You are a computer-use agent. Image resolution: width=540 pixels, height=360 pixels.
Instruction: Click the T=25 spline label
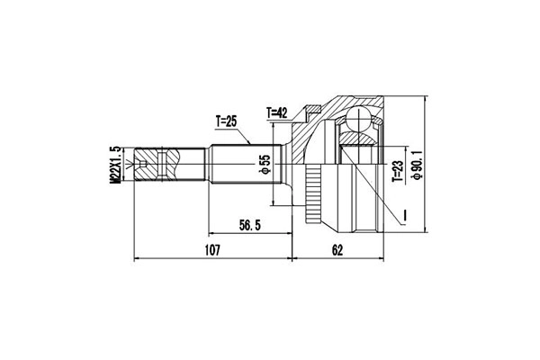(x=226, y=122)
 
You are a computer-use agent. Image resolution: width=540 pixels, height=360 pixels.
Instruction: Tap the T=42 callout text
(x=277, y=112)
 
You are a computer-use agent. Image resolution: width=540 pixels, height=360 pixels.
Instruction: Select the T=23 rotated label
(x=398, y=171)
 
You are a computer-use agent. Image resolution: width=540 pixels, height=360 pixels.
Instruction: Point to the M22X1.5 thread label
(x=115, y=165)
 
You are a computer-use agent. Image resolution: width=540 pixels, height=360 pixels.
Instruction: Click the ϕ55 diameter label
(x=265, y=164)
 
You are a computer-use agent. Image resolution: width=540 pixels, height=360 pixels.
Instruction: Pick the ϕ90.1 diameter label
(x=418, y=165)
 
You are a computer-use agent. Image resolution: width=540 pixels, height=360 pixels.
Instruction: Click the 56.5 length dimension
(x=250, y=226)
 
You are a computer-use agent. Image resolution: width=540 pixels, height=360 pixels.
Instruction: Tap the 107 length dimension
(x=212, y=250)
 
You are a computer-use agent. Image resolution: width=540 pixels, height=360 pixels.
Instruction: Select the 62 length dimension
(x=337, y=250)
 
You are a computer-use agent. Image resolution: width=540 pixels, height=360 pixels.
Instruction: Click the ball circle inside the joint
(x=358, y=119)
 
